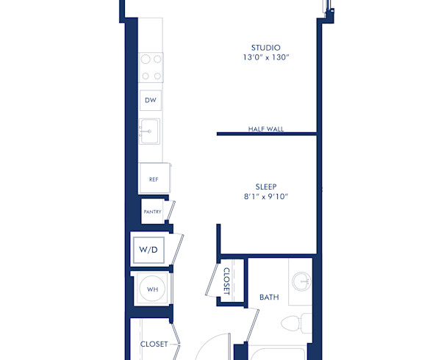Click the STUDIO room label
[x=265, y=48]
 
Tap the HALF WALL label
[x=265, y=129]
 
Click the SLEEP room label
[x=265, y=187]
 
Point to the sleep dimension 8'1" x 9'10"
[x=265, y=197]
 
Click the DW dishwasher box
[x=151, y=100]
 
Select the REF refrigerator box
[x=154, y=179]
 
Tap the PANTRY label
[x=152, y=212]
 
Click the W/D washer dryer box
[x=148, y=250]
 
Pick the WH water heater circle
[x=152, y=289]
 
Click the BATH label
[x=269, y=298]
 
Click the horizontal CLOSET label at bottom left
[x=154, y=344]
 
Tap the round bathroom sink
[x=301, y=281]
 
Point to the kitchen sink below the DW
[x=151, y=132]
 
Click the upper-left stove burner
[x=145, y=60]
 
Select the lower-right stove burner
[x=157, y=76]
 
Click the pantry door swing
[x=169, y=211]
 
